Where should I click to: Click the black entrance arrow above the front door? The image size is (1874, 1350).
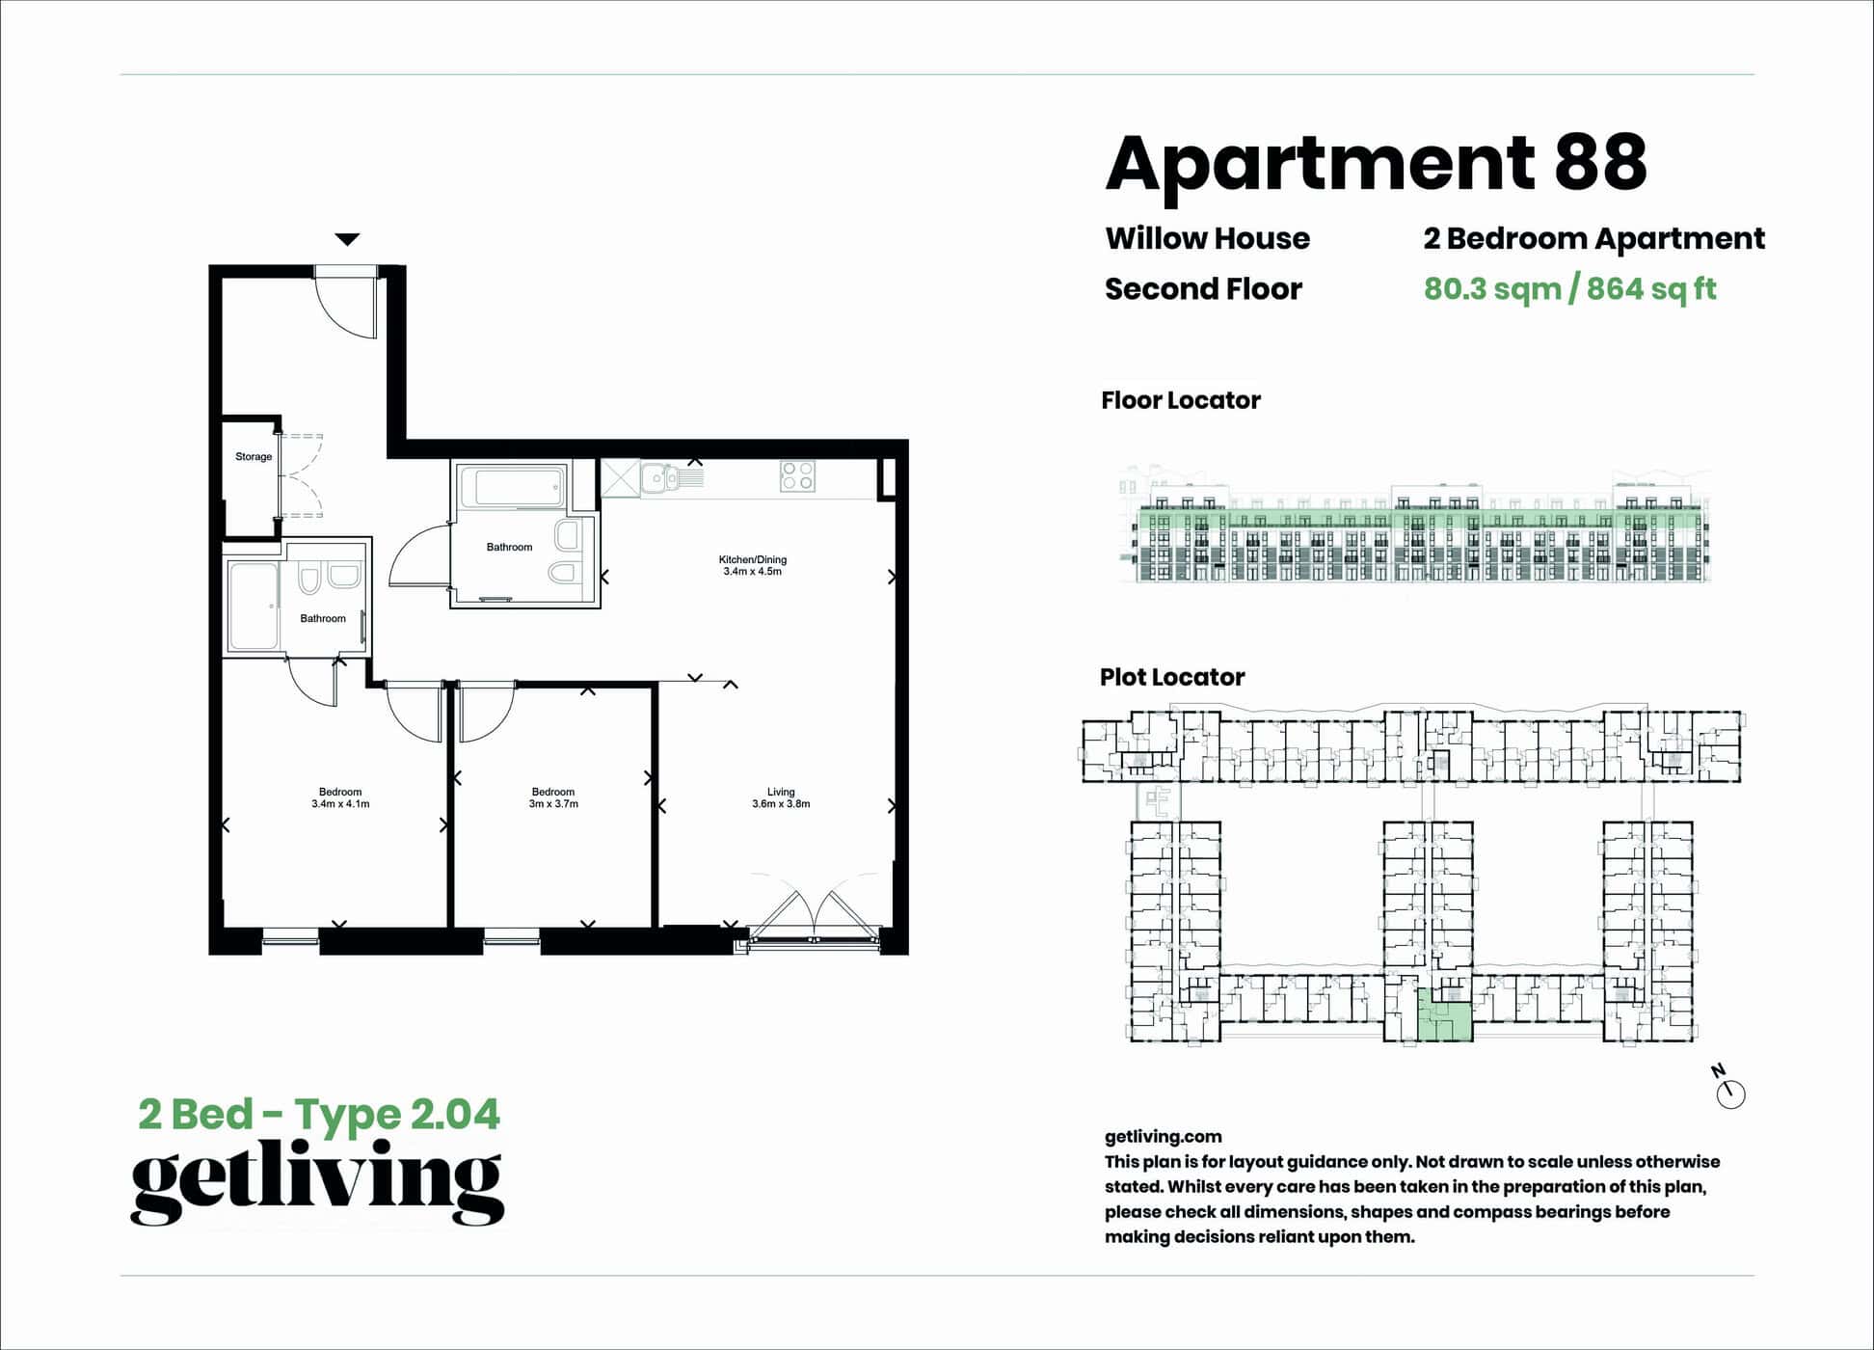pos(347,239)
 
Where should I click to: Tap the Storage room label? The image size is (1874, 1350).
pos(254,457)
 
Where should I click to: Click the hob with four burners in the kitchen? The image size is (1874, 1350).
pos(797,475)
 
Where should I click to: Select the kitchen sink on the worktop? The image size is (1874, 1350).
pos(660,476)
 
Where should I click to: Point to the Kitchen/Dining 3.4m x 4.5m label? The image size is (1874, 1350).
pos(752,565)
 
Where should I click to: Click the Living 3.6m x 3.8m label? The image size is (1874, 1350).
pos(781,797)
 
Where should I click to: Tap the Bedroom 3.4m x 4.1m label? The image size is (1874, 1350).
pos(340,797)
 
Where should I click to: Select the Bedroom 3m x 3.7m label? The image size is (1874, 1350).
pos(553,797)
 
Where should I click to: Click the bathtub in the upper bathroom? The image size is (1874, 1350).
pos(512,488)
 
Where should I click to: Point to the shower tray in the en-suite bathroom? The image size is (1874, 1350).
pos(253,607)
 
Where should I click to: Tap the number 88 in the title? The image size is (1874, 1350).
pos(1599,163)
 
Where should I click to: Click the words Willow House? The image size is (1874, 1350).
pos(1207,238)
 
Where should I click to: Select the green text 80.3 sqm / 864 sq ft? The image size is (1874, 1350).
pos(1569,288)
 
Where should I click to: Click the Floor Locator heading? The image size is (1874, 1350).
pos(1180,400)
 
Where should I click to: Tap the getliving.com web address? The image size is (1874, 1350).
pos(1163,1137)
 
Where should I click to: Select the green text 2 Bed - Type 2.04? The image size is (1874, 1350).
pos(319,1115)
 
